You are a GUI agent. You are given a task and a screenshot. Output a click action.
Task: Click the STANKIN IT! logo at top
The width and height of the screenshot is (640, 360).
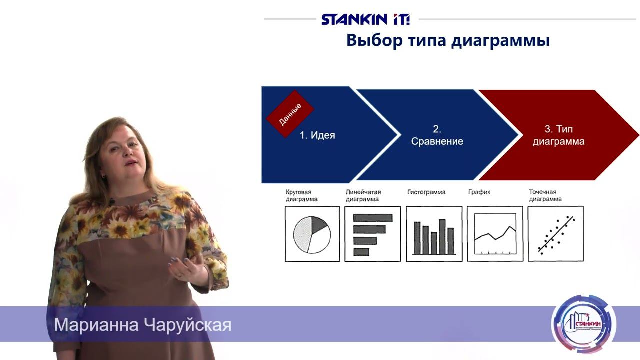pos(365,19)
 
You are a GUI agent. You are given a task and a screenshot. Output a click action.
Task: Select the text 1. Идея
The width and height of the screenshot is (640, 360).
pos(317,135)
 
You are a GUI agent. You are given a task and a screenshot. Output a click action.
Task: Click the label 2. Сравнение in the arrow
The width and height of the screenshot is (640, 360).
pos(437,135)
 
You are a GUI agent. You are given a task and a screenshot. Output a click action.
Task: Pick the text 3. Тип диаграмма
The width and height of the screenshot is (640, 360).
pos(558,135)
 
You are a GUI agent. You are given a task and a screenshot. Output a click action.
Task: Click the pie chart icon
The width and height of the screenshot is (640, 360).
pos(312,234)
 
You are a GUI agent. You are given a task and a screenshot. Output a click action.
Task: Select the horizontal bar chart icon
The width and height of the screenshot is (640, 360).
pos(373,234)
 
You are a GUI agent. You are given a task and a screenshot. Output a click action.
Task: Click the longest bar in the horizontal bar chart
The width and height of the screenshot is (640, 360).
pos(373,218)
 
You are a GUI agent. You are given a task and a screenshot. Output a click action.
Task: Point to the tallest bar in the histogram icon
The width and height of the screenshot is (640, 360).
pos(442,236)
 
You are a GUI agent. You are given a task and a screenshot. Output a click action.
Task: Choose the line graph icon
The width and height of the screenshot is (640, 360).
pos(495,234)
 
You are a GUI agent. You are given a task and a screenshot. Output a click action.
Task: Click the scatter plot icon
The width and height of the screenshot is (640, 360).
pos(555,234)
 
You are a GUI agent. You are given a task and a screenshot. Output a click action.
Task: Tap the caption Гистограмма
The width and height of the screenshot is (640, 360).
pos(426,192)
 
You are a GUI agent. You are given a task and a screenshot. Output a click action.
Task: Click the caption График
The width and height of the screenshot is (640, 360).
pos(479,192)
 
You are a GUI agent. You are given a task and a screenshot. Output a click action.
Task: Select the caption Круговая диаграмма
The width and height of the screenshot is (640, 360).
pos(301,195)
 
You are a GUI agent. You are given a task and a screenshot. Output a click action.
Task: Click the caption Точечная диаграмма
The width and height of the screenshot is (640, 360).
pos(545,195)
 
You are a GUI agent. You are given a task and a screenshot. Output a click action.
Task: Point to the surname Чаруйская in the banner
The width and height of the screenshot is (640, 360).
pos(187,325)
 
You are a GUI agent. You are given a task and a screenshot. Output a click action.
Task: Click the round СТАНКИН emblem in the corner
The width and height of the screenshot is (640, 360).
pos(583,325)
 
